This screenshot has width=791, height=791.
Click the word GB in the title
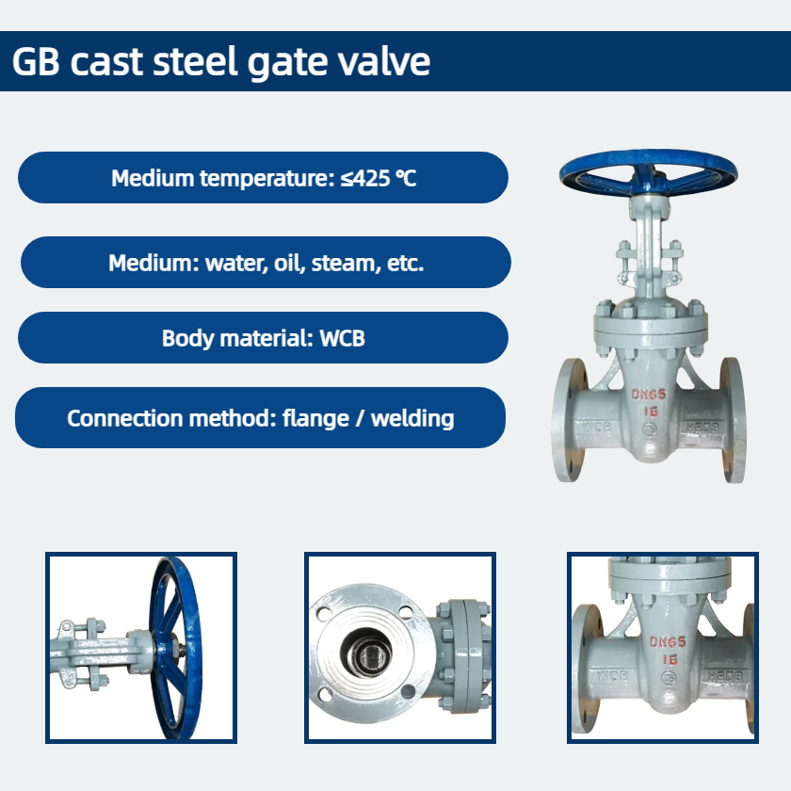pos(36,61)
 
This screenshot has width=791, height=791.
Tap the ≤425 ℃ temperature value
pos(379,178)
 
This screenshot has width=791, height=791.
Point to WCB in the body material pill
pos(342,338)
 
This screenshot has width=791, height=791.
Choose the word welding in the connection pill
pos(412,419)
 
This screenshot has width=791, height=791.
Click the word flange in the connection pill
pos(315,419)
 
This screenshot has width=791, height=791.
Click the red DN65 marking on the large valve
pos(649,394)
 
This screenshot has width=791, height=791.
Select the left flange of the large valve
pos(570,420)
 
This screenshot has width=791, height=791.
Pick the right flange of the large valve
pos(733,420)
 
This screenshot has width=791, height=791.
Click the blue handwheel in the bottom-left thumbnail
pos(175,648)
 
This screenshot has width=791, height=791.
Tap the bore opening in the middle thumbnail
pos(365,654)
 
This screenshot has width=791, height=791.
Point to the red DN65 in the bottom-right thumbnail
pos(668,641)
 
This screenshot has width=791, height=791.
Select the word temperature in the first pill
pos(267,178)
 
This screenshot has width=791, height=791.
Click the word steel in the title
pos(195,61)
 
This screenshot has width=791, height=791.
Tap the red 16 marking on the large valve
pos(651,412)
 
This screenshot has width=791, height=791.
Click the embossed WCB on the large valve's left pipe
pos(597,428)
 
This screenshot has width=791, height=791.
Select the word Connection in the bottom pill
pos(124,419)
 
